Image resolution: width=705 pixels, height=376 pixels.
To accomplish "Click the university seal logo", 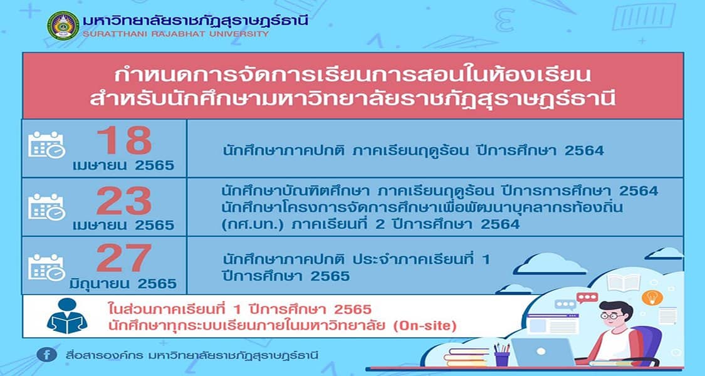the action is pyautogui.click(x=63, y=26).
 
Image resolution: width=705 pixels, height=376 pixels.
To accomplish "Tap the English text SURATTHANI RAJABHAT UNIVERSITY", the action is pyautogui.click(x=176, y=34).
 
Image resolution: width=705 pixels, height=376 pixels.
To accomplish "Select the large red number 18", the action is pyautogui.click(x=124, y=140).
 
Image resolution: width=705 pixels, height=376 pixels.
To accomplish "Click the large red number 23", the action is pyautogui.click(x=124, y=201).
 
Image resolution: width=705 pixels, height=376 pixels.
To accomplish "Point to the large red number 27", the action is pyautogui.click(x=124, y=258).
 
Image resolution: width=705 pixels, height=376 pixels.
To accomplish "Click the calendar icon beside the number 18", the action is pyautogui.click(x=47, y=144).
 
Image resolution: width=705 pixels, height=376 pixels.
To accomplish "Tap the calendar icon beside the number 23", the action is pyautogui.click(x=47, y=207).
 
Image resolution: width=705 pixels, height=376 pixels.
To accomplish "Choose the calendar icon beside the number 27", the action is pyautogui.click(x=47, y=267).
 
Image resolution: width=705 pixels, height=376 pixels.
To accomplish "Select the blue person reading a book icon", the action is pyautogui.click(x=67, y=316).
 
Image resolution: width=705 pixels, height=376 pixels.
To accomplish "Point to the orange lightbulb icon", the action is pyautogui.click(x=652, y=297).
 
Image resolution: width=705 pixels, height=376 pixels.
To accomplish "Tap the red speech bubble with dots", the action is pyautogui.click(x=587, y=298).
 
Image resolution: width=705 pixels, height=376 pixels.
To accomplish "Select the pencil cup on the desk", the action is pyautogui.click(x=502, y=355).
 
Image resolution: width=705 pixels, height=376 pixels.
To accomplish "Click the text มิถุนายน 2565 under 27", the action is pyautogui.click(x=123, y=284).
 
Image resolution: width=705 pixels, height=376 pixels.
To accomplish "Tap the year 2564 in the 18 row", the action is pyautogui.click(x=584, y=150).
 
